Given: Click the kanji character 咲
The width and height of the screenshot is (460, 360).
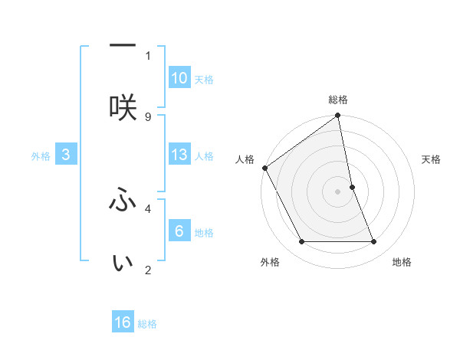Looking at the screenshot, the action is pyautogui.click(x=123, y=108).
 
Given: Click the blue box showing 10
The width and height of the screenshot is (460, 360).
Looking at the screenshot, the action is pyautogui.click(x=179, y=78).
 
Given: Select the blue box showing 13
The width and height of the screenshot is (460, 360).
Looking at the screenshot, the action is pyautogui.click(x=179, y=155).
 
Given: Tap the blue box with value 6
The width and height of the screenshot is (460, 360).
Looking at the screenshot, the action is pyautogui.click(x=179, y=231).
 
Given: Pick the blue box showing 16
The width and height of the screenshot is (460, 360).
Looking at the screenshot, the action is pyautogui.click(x=123, y=322).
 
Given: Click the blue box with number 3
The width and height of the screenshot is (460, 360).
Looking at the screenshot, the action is pyautogui.click(x=66, y=155).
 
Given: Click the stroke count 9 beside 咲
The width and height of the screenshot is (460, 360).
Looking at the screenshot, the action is pyautogui.click(x=148, y=116).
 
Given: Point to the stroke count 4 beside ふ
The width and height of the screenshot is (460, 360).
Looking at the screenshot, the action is pyautogui.click(x=148, y=207).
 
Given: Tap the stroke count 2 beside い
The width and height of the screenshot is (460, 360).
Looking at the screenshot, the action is pyautogui.click(x=148, y=270).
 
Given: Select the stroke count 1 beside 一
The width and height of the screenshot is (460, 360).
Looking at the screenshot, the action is pyautogui.click(x=148, y=55).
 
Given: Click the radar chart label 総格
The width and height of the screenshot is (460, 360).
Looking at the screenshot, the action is pyautogui.click(x=338, y=100).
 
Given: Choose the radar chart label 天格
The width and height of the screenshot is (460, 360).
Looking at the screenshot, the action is pyautogui.click(x=431, y=159).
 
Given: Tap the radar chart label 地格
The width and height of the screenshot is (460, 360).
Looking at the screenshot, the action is pyautogui.click(x=402, y=262).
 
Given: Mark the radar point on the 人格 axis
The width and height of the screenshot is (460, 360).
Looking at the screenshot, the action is pyautogui.click(x=264, y=168).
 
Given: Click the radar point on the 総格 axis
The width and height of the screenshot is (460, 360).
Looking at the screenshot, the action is pyautogui.click(x=338, y=116).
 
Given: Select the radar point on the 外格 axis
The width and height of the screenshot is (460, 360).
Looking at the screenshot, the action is pyautogui.click(x=301, y=242).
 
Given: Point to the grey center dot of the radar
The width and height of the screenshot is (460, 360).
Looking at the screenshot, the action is pyautogui.click(x=338, y=191).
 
